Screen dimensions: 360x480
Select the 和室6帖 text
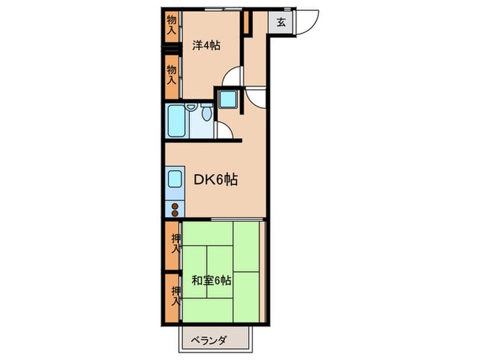tap(211, 280)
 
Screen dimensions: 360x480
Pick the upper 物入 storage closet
tap(171, 26)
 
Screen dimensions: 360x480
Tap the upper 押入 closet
tap(173, 243)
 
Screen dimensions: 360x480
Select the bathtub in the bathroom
tap(177, 122)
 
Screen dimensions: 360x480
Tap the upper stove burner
tap(175, 206)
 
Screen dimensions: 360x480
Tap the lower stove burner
tap(175, 213)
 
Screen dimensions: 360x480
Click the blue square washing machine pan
tap(228, 101)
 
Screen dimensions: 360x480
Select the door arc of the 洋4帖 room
tap(233, 75)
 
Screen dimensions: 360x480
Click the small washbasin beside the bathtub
tap(191, 108)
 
